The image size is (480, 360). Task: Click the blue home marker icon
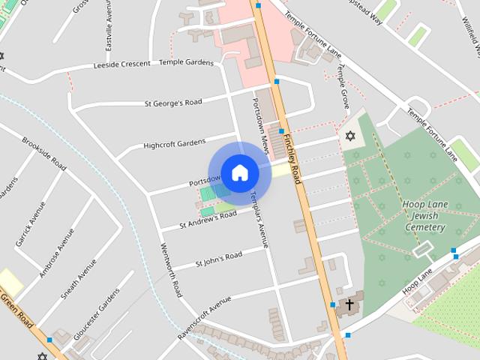(x=239, y=172)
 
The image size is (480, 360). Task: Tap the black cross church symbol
(x=349, y=305)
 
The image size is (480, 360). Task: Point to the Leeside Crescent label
(x=121, y=64)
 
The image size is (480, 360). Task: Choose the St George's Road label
(x=172, y=103)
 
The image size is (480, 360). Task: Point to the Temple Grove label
(x=343, y=84)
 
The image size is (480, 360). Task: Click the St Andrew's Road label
(x=208, y=220)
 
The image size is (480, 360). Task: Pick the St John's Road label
(x=218, y=259)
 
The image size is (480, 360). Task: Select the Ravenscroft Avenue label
(x=204, y=319)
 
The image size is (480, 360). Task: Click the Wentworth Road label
(x=171, y=270)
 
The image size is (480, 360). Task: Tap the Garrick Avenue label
(x=25, y=223)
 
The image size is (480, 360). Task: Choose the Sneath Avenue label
(x=79, y=279)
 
